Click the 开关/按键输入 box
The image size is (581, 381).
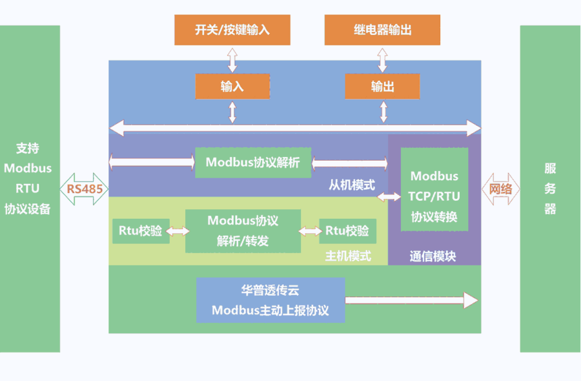tap(232, 30)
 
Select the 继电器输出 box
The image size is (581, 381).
tap(382, 30)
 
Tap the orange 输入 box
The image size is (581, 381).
tap(232, 87)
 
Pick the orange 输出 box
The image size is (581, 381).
tap(382, 87)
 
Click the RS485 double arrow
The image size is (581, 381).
tap(85, 189)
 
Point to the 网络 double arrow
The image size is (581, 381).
tap(500, 189)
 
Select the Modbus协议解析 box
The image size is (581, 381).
tap(252, 163)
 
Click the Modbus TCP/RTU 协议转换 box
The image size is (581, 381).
tap(434, 196)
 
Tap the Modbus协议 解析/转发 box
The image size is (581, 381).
tap(243, 231)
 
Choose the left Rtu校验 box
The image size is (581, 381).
tap(141, 231)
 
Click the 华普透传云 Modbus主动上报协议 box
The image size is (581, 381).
tap(270, 300)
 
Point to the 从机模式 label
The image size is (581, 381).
tap(352, 185)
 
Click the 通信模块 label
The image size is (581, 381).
tap(433, 256)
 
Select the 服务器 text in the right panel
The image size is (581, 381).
tap(550, 189)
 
